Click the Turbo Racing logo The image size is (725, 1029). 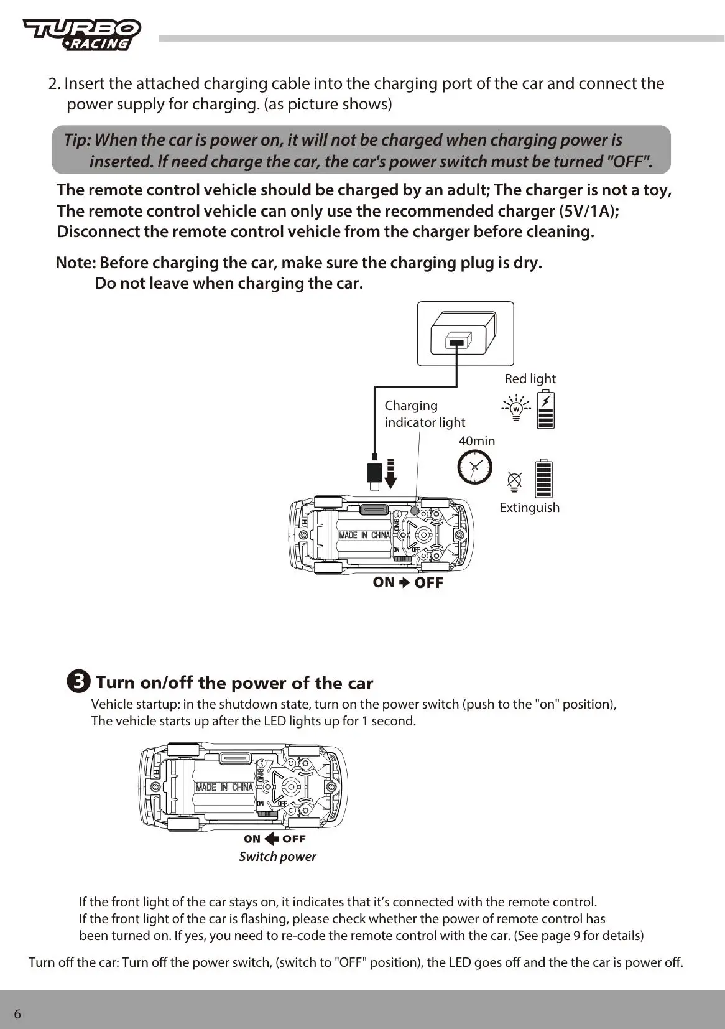click(82, 34)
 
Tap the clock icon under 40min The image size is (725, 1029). click(474, 467)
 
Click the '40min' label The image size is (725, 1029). click(477, 441)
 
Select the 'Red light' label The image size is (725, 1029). click(530, 379)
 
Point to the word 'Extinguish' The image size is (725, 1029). click(529, 508)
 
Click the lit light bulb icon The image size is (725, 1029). click(515, 408)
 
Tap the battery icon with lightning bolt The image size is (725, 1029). click(545, 410)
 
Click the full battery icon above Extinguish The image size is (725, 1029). click(543, 478)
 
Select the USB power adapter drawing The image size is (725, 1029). click(464, 333)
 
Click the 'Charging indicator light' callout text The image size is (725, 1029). click(424, 414)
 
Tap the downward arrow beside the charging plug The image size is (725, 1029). click(390, 473)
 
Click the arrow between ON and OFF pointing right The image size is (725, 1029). click(404, 583)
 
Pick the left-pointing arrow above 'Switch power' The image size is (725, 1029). click(271, 839)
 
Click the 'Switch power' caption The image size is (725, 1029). click(277, 857)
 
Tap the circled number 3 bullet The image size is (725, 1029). click(78, 681)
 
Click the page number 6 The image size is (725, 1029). click(17, 1014)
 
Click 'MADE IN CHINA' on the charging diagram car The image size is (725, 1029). click(364, 535)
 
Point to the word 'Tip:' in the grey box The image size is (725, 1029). click(77, 140)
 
